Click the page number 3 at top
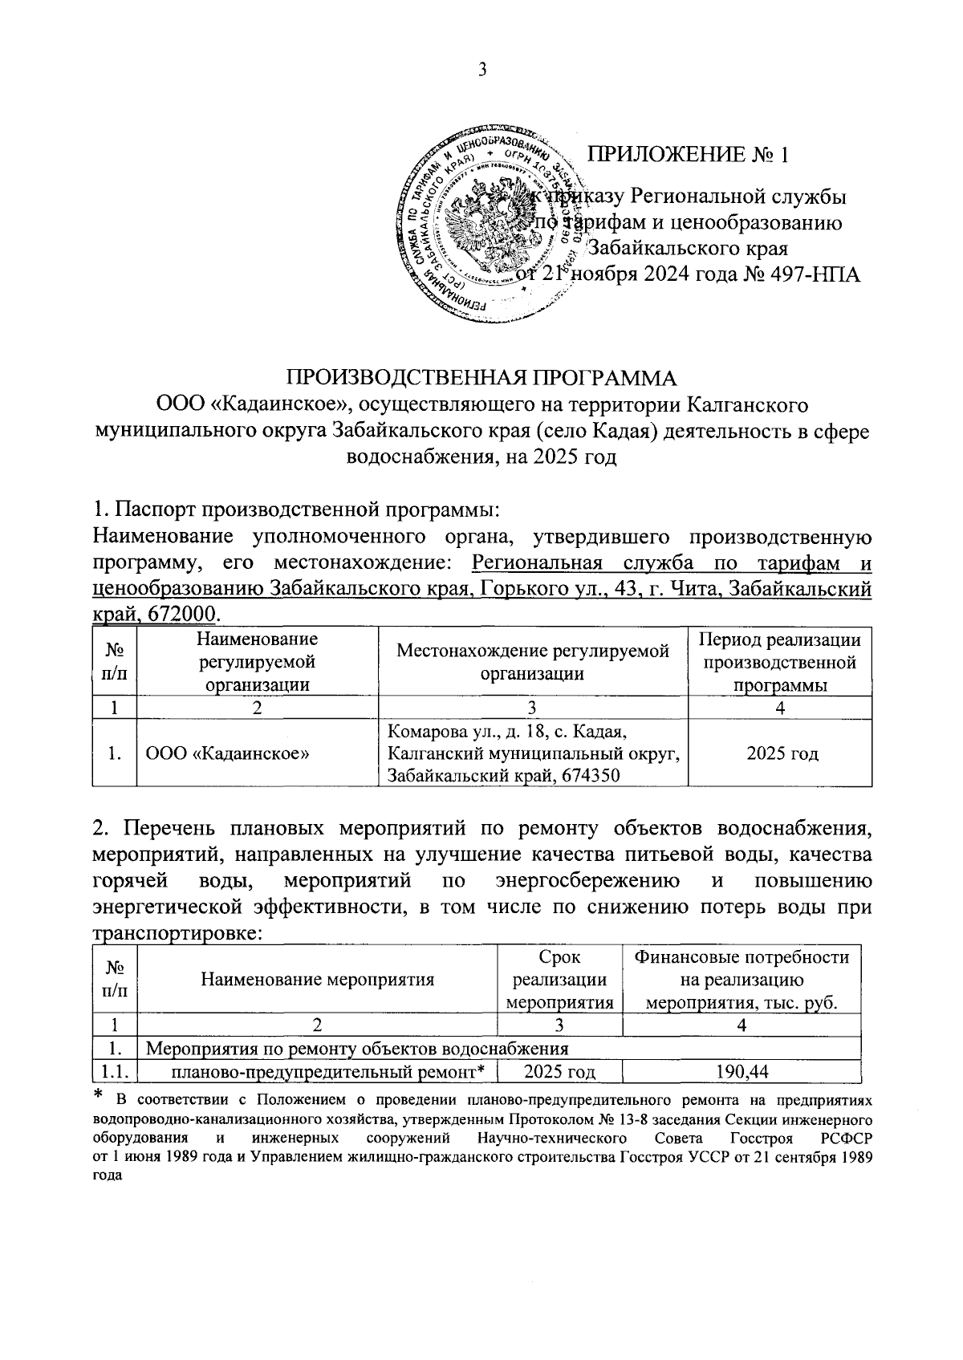point(483,70)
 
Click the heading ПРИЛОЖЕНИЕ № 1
point(689,154)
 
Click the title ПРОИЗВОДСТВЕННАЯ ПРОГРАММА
point(482,378)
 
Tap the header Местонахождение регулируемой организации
point(533,662)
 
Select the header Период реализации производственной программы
point(780,662)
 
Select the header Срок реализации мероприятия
point(559,979)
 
